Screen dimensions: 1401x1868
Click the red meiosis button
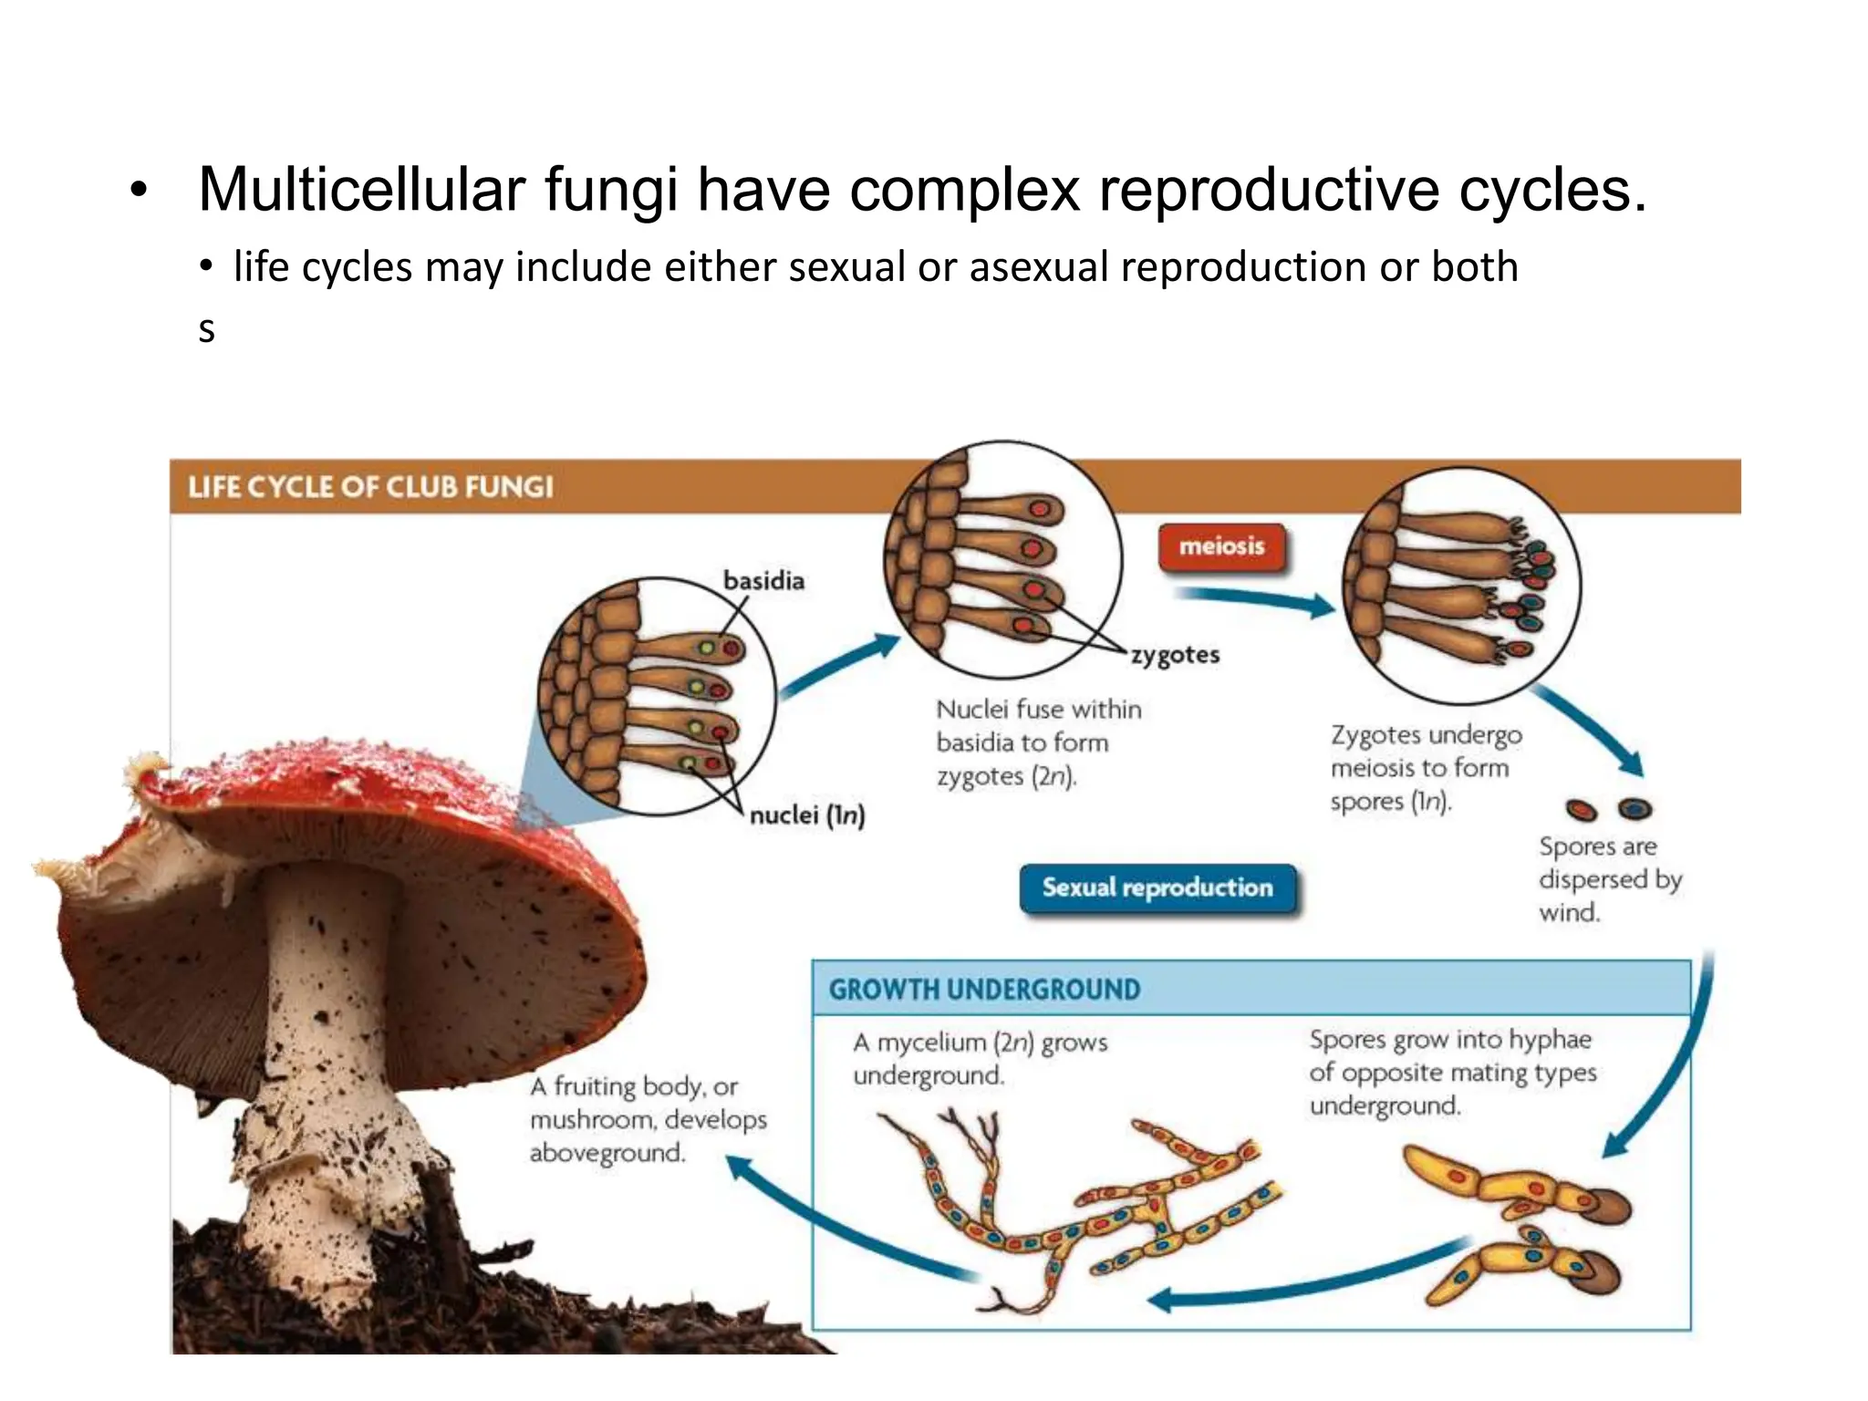point(1221,546)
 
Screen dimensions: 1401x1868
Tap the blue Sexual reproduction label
point(1157,887)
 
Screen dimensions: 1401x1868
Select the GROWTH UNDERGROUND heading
point(984,989)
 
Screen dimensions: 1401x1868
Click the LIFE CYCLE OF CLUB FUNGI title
point(370,486)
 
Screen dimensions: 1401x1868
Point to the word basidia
point(763,581)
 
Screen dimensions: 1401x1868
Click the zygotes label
point(1175,655)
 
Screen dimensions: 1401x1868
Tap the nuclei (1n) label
point(806,815)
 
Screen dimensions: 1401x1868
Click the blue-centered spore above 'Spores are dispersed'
point(1634,808)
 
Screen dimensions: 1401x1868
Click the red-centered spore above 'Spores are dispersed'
point(1581,809)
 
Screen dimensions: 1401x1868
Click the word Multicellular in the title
point(361,190)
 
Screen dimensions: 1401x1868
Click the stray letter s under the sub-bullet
point(207,330)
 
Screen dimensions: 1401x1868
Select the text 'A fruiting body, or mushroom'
point(648,1102)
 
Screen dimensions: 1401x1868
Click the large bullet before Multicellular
point(138,191)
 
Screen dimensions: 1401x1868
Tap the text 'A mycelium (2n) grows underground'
point(980,1058)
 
